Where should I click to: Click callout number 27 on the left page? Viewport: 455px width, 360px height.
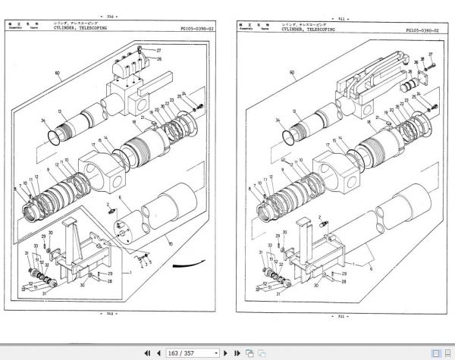coord(159,51)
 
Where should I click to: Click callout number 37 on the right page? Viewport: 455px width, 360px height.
coord(431,55)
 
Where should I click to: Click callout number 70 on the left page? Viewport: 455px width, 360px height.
coord(169,244)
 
